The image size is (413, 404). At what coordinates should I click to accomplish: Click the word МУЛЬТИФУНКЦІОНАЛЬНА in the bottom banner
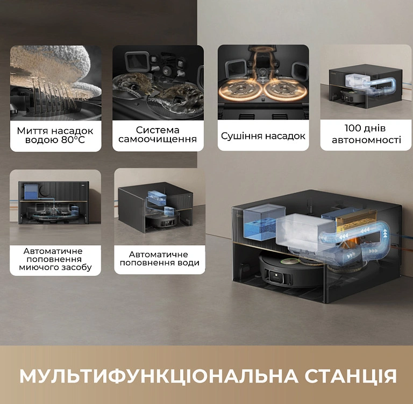[x=159, y=377]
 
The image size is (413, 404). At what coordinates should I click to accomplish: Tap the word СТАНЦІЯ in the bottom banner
[x=351, y=376]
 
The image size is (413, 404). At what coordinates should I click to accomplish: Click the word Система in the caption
[x=158, y=130]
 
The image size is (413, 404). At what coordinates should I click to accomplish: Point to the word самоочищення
[x=158, y=139]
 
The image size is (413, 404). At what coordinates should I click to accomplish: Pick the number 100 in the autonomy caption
[x=352, y=128]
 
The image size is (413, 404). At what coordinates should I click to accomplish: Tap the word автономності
[x=366, y=140]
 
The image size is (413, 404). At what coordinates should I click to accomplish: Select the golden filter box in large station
[x=352, y=219]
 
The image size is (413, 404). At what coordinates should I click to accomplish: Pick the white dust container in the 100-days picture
[x=358, y=80]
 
